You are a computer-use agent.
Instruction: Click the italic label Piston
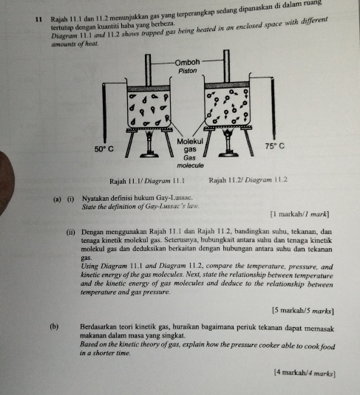[188, 71]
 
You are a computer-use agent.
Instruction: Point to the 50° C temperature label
[103, 148]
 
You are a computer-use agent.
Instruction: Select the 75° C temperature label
[275, 146]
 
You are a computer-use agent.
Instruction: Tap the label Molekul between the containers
[189, 140]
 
